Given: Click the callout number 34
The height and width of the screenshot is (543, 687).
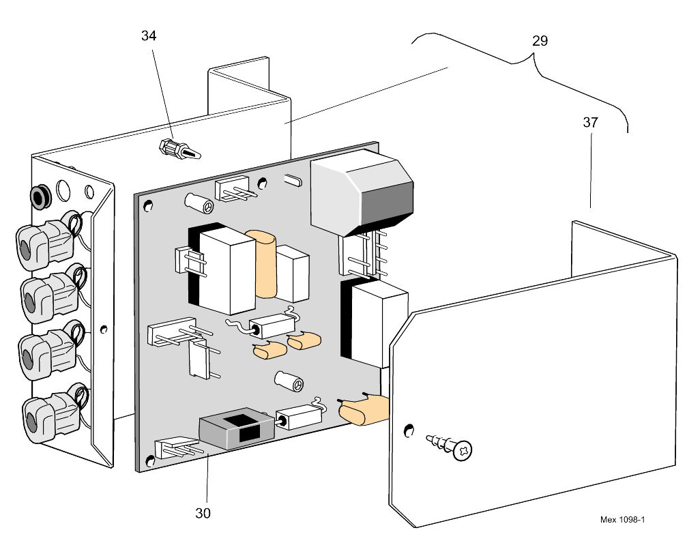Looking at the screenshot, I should (149, 35).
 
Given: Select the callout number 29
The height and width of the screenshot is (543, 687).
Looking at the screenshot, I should (539, 41).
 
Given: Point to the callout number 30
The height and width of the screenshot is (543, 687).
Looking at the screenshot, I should (203, 513).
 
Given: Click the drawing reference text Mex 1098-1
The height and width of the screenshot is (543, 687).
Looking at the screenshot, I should (622, 520).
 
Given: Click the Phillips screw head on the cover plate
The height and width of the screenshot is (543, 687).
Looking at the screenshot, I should (463, 450).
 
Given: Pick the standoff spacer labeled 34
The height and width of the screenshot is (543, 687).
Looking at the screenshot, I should (179, 149).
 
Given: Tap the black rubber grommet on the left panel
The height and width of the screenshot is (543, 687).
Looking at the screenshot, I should (40, 197).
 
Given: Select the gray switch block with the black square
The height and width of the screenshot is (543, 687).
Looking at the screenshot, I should (235, 432).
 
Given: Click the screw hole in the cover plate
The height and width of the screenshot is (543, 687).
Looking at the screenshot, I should (409, 430).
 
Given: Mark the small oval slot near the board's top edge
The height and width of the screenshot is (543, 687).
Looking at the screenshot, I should (291, 180).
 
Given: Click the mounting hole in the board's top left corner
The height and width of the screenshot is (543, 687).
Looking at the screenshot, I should (149, 205).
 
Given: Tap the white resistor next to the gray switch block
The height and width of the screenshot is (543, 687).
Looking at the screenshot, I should (297, 417).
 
